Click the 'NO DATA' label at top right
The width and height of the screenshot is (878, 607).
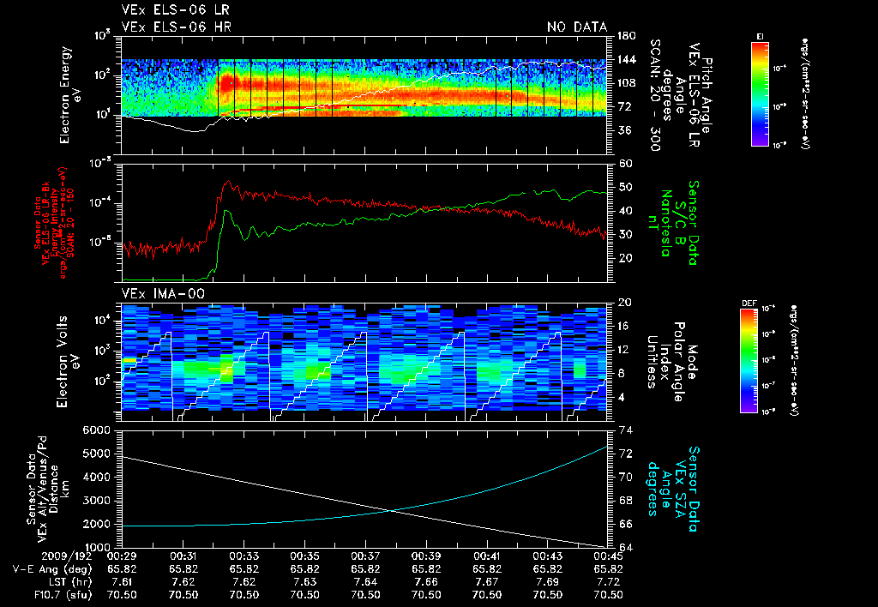click(x=576, y=27)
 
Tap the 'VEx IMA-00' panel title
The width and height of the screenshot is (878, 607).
click(x=158, y=293)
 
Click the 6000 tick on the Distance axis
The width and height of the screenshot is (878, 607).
click(x=99, y=430)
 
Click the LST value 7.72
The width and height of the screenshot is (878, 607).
click(x=609, y=581)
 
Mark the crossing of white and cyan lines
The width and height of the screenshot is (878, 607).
click(x=393, y=512)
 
